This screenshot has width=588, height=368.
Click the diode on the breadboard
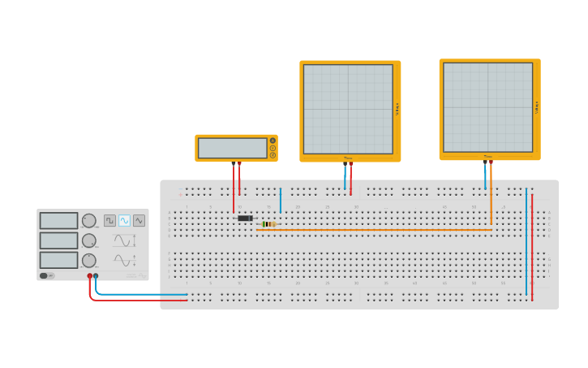pyautogui.click(x=245, y=218)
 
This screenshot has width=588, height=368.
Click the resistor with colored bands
pyautogui.click(x=268, y=224)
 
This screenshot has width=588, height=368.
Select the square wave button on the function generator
pyautogui.click(x=109, y=220)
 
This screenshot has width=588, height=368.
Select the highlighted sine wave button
pyautogui.click(x=124, y=220)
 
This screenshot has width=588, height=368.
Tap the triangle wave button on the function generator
pyautogui.click(x=139, y=220)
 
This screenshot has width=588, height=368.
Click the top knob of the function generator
pyautogui.click(x=89, y=220)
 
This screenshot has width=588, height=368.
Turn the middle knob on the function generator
pyautogui.click(x=89, y=240)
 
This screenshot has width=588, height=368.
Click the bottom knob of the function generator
pyautogui.click(x=89, y=260)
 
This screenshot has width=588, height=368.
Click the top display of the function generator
pyautogui.click(x=59, y=221)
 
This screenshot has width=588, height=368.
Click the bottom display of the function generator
pyautogui.click(x=59, y=260)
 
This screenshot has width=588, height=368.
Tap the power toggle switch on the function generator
pyautogui.click(x=46, y=275)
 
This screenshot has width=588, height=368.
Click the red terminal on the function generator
pyautogui.click(x=90, y=276)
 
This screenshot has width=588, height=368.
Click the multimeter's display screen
pyautogui.click(x=232, y=148)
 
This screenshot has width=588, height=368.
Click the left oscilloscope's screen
pyautogui.click(x=348, y=109)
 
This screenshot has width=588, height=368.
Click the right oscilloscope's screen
pyautogui.click(x=487, y=107)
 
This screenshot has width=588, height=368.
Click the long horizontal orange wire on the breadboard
pyautogui.click(x=373, y=230)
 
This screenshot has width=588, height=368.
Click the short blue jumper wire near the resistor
pyautogui.click(x=281, y=200)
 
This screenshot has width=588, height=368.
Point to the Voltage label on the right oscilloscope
pyautogui.click(x=536, y=107)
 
